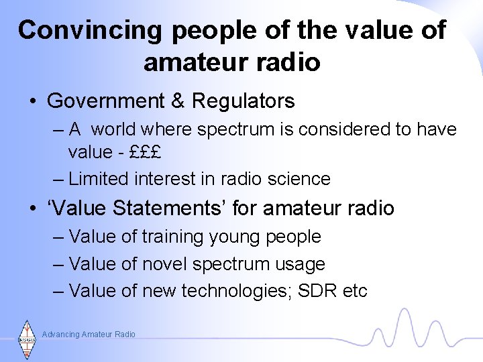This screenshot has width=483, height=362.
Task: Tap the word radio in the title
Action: click(289, 62)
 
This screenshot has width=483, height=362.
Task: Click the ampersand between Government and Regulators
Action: click(178, 101)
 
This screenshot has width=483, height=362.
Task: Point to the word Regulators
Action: click(243, 101)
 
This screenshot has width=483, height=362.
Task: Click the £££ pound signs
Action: click(146, 152)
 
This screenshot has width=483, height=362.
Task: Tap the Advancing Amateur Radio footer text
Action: click(89, 334)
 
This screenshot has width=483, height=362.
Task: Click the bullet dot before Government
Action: click(32, 102)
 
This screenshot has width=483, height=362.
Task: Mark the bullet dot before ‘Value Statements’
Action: click(32, 208)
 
